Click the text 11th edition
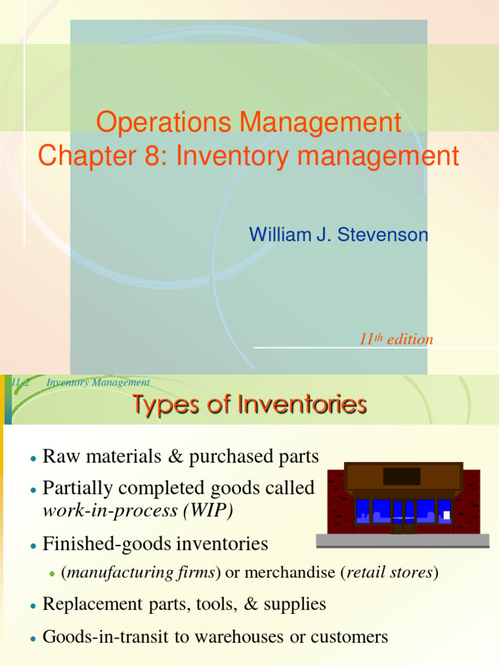396,339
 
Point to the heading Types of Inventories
249,405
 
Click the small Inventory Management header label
98,382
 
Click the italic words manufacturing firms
141,573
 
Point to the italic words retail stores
390,573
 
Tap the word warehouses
250,636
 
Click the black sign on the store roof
402,476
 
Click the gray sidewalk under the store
402,540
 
